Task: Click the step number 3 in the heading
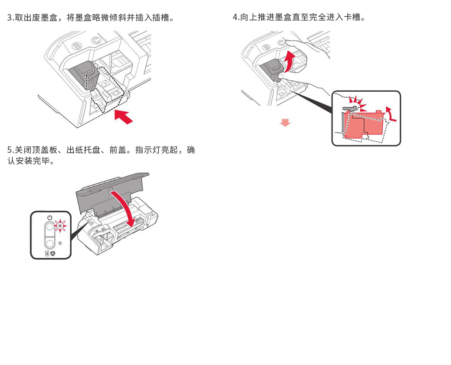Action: click(10, 18)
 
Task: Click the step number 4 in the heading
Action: click(236, 18)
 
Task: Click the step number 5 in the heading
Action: click(10, 150)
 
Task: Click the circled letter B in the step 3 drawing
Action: click(77, 46)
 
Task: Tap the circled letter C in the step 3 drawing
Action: click(96, 41)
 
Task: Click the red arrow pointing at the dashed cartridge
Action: click(123, 116)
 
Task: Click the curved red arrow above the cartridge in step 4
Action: click(288, 61)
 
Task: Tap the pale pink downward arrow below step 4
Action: click(285, 123)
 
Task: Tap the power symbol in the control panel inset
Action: click(50, 217)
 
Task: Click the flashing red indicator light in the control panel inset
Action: click(60, 225)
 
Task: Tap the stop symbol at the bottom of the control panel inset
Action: click(53, 253)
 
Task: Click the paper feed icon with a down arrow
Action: click(47, 253)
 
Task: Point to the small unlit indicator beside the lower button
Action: click(60, 243)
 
